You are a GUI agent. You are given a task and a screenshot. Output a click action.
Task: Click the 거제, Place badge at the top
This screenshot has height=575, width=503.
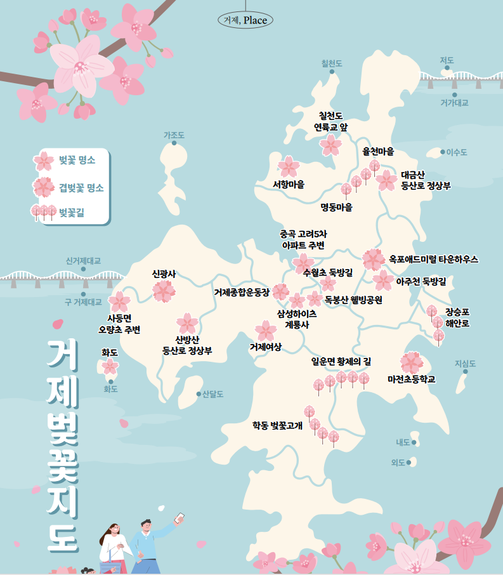coord(245,20)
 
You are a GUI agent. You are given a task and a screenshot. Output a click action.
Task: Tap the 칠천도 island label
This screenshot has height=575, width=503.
coord(332,63)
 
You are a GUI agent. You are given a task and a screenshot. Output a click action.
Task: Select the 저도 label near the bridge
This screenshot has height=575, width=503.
coord(447,60)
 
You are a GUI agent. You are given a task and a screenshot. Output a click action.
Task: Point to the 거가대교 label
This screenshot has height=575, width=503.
coord(454,102)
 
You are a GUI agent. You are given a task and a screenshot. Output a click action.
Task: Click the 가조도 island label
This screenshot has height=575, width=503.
coord(174,135)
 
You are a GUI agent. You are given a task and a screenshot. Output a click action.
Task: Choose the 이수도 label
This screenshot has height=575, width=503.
coord(456,152)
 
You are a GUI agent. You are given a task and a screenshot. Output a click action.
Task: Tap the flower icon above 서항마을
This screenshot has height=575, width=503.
coord(289,166)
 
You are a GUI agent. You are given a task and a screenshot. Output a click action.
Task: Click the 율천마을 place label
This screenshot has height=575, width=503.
coord(378,152)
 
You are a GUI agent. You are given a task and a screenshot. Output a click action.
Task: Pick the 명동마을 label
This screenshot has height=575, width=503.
coord(336,207)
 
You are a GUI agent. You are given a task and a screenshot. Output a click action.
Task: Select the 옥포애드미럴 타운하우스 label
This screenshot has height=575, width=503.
coord(433,259)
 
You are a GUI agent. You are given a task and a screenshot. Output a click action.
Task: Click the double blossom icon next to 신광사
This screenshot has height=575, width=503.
coord(164,291)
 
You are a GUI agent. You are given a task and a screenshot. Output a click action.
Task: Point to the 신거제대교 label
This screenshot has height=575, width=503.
coord(83,260)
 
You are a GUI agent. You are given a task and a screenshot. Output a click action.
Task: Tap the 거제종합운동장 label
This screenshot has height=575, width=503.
coord(242,293)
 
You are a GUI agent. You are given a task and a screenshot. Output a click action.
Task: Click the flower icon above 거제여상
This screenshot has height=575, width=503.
coord(265,330)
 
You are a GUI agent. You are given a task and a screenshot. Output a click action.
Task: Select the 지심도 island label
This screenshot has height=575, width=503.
coord(465,364)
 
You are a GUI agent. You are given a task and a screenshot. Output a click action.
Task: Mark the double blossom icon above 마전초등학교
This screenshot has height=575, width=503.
coord(411,362)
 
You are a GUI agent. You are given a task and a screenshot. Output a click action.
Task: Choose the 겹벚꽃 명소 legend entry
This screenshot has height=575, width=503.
coord(81,188)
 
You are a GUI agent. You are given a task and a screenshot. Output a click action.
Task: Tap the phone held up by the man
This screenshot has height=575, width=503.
coord(180,518)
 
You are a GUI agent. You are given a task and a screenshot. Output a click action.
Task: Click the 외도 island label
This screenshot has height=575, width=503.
coord(398,463)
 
